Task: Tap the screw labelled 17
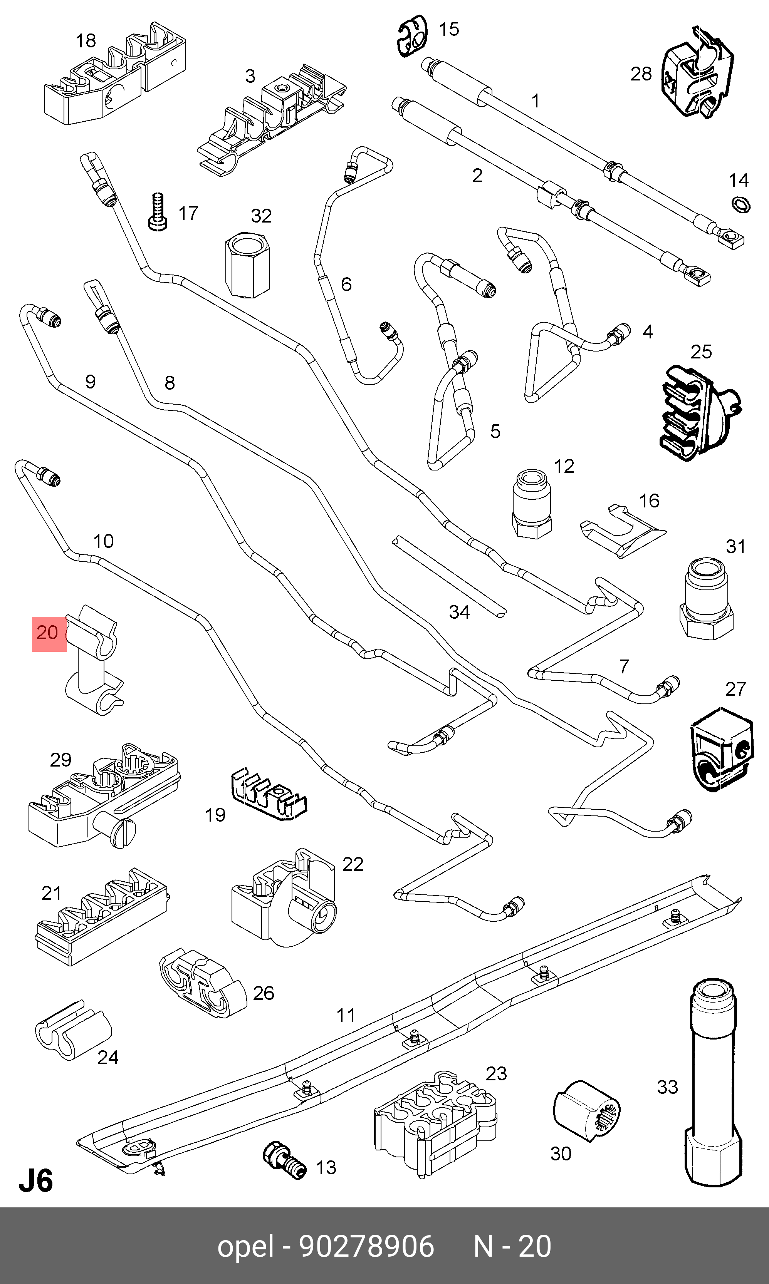point(158,212)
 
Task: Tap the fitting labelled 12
point(531,504)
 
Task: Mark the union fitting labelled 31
point(706,599)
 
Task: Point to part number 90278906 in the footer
point(367,1246)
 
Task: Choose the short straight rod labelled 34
point(449,577)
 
